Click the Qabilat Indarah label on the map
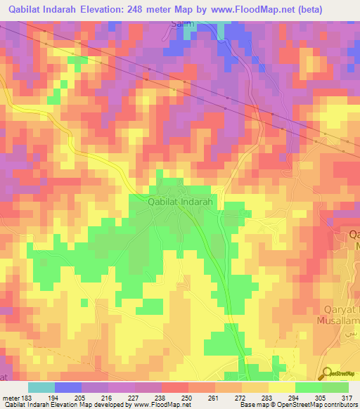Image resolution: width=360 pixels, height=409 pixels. [x=184, y=201]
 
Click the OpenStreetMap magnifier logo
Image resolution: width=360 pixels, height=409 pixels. [x=327, y=374]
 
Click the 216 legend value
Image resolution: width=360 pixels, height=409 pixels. [x=109, y=398]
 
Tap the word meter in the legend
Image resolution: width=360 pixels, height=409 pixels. [x=10, y=398]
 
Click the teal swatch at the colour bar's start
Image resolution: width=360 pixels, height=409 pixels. [x=41, y=387]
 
